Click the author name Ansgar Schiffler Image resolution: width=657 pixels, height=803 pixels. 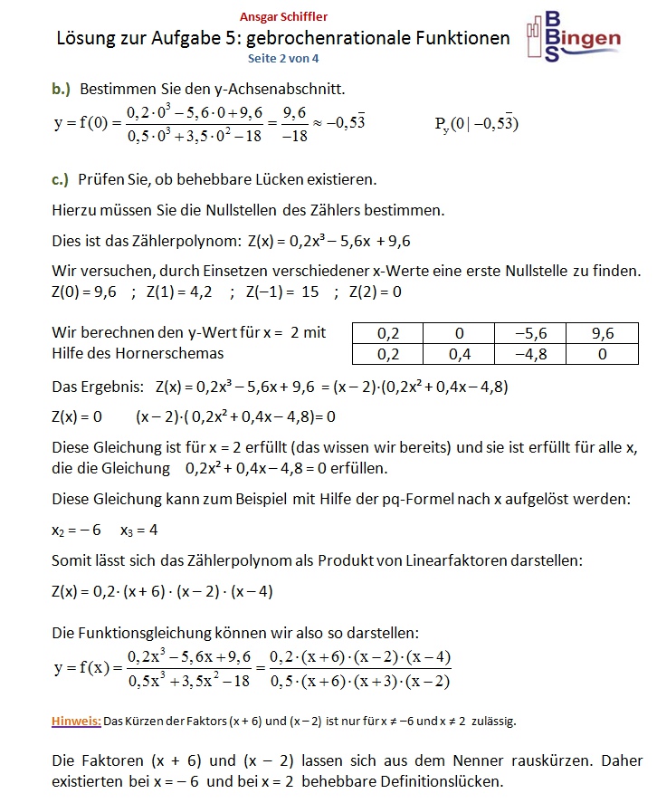(x=284, y=16)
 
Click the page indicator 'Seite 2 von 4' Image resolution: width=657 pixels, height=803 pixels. (x=284, y=58)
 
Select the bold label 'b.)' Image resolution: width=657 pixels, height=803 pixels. (x=62, y=89)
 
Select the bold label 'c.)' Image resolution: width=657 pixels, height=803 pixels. (x=61, y=178)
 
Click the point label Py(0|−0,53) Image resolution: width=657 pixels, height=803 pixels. (x=477, y=124)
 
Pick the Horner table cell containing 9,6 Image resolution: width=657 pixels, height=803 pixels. (x=603, y=333)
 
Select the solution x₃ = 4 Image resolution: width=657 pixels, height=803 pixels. (x=139, y=530)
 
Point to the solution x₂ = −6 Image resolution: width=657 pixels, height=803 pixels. (x=76, y=530)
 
